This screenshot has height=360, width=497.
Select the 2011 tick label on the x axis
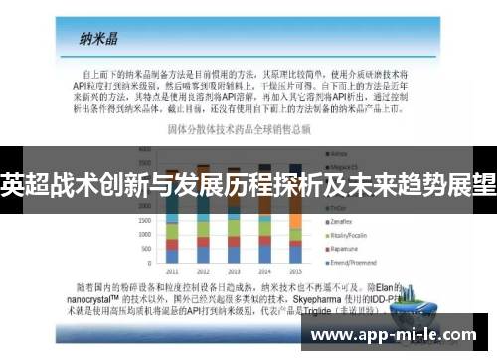click(173, 270)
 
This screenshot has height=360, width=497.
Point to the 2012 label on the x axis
click(204, 270)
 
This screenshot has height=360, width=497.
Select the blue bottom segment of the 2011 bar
click(173, 257)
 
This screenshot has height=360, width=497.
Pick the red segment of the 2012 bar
click(204, 244)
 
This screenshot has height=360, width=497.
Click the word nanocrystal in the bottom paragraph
click(110, 294)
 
